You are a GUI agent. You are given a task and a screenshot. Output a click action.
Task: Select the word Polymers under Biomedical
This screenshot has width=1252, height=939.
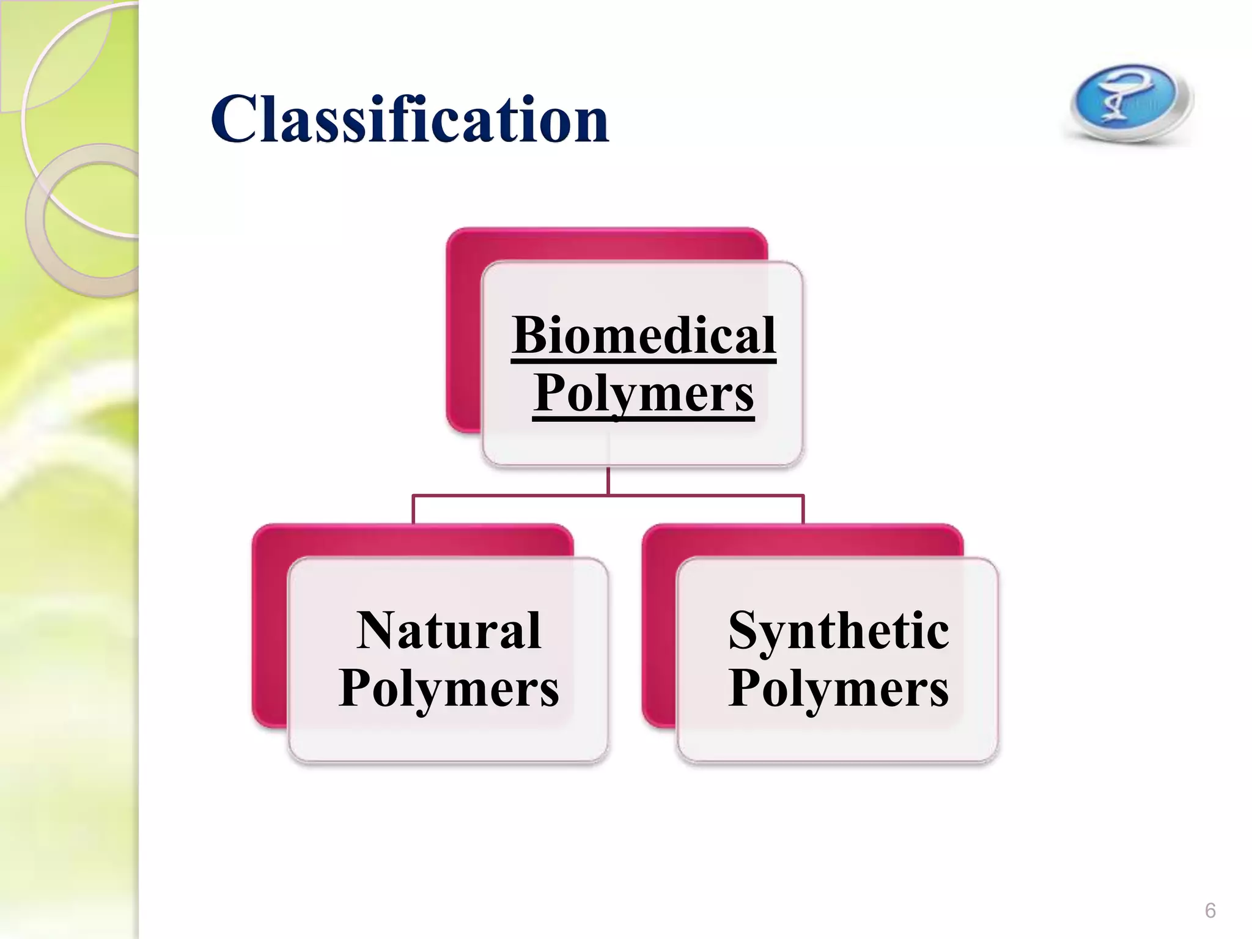click(x=644, y=392)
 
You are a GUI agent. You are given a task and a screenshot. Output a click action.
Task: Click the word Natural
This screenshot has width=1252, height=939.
click(x=449, y=630)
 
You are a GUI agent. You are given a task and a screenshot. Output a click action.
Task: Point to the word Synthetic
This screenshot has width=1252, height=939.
click(x=838, y=630)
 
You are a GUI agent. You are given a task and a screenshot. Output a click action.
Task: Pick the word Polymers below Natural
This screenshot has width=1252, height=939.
click(x=449, y=688)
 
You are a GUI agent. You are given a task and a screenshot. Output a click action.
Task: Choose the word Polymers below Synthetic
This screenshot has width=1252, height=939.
click(x=838, y=688)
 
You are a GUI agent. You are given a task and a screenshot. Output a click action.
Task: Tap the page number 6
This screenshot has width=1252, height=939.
click(x=1210, y=910)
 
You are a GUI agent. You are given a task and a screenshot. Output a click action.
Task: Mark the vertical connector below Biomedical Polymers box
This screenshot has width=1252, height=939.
click(x=608, y=481)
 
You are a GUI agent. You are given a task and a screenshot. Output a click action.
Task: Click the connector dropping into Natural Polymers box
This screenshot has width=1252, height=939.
click(x=413, y=509)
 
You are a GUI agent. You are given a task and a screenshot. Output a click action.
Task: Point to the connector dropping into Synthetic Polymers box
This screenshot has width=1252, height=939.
click(x=803, y=509)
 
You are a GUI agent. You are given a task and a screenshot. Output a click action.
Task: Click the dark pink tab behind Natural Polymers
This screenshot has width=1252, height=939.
click(x=270, y=630)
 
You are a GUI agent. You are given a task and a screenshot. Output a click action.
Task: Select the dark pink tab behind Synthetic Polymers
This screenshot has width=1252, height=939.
click(x=659, y=630)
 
